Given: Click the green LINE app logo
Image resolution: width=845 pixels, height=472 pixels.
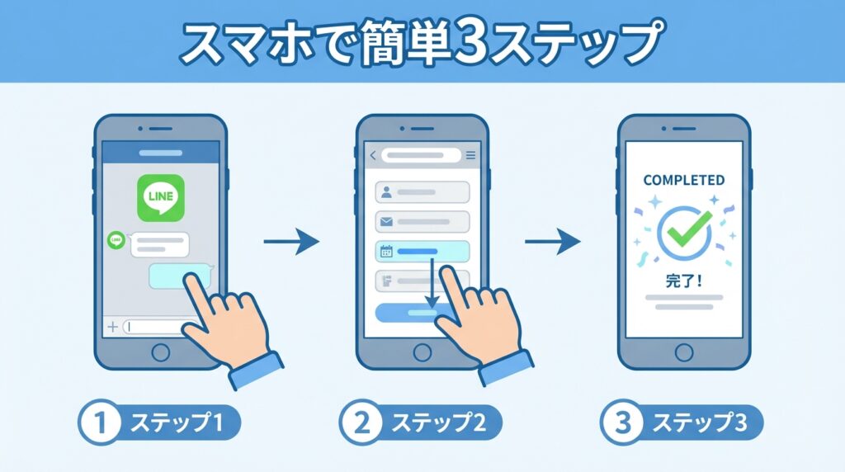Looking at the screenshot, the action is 161,198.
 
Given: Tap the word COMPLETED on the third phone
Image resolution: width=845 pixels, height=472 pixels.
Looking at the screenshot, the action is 684,180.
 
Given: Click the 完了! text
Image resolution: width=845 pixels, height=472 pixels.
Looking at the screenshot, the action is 684,281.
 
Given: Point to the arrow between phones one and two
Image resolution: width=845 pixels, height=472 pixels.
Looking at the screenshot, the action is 291,242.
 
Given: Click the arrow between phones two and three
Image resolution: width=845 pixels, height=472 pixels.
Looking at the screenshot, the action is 552,242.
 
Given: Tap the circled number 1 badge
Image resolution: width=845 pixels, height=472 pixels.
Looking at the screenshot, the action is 100,422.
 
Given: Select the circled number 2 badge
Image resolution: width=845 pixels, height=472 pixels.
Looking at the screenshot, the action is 361,422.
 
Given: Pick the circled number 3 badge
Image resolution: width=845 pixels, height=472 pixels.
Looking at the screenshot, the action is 622,422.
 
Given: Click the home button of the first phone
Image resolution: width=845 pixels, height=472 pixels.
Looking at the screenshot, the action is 161,353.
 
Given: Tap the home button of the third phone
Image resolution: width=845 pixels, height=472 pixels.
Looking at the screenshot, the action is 684,353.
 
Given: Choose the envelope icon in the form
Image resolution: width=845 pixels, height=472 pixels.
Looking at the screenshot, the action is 386,221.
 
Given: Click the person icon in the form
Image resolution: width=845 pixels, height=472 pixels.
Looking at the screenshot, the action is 386,192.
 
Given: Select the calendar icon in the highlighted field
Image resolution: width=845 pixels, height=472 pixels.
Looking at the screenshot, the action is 386,251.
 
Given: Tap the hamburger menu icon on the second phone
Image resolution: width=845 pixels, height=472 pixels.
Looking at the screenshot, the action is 471,155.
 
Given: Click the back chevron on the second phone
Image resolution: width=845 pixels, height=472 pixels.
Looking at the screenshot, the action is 372,155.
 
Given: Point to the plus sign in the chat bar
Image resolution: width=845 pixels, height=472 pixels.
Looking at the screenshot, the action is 112,327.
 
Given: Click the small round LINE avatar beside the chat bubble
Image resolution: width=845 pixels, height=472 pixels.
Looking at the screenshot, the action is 116,240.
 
